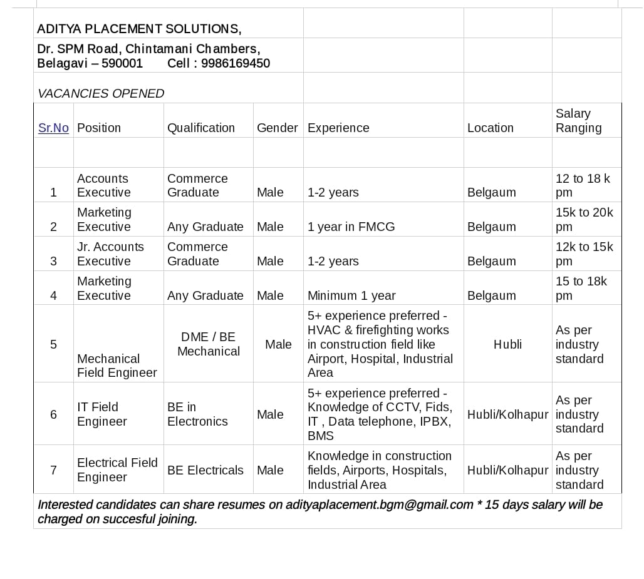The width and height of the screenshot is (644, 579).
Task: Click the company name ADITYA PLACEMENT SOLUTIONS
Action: coord(138,29)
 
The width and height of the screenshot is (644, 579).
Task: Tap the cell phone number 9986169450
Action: coord(236,63)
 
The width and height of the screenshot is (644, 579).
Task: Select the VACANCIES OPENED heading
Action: coord(101,93)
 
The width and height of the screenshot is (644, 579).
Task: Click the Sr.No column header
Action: coord(53,128)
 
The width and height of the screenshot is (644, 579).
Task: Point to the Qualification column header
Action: coord(200,128)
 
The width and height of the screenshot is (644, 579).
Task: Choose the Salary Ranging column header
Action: coord(578,121)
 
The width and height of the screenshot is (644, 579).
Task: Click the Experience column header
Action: coord(338,128)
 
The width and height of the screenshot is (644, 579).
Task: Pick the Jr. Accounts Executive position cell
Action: coord(110,254)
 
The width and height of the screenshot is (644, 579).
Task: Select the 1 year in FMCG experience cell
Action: coord(351,227)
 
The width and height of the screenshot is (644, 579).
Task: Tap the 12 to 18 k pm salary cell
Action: coord(583,185)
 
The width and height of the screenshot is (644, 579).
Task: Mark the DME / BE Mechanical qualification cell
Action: coord(209,344)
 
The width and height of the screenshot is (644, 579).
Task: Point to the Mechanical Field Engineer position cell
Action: coord(117,366)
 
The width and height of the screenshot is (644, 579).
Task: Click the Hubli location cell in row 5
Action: coord(507,344)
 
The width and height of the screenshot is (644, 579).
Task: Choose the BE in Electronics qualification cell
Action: coord(197,414)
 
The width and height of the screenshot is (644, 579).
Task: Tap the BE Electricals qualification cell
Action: coord(205,470)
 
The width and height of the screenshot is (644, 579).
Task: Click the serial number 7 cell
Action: coord(53,470)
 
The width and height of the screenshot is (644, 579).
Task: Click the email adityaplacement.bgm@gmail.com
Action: coord(379,505)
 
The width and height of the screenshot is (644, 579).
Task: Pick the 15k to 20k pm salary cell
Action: coord(584,219)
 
